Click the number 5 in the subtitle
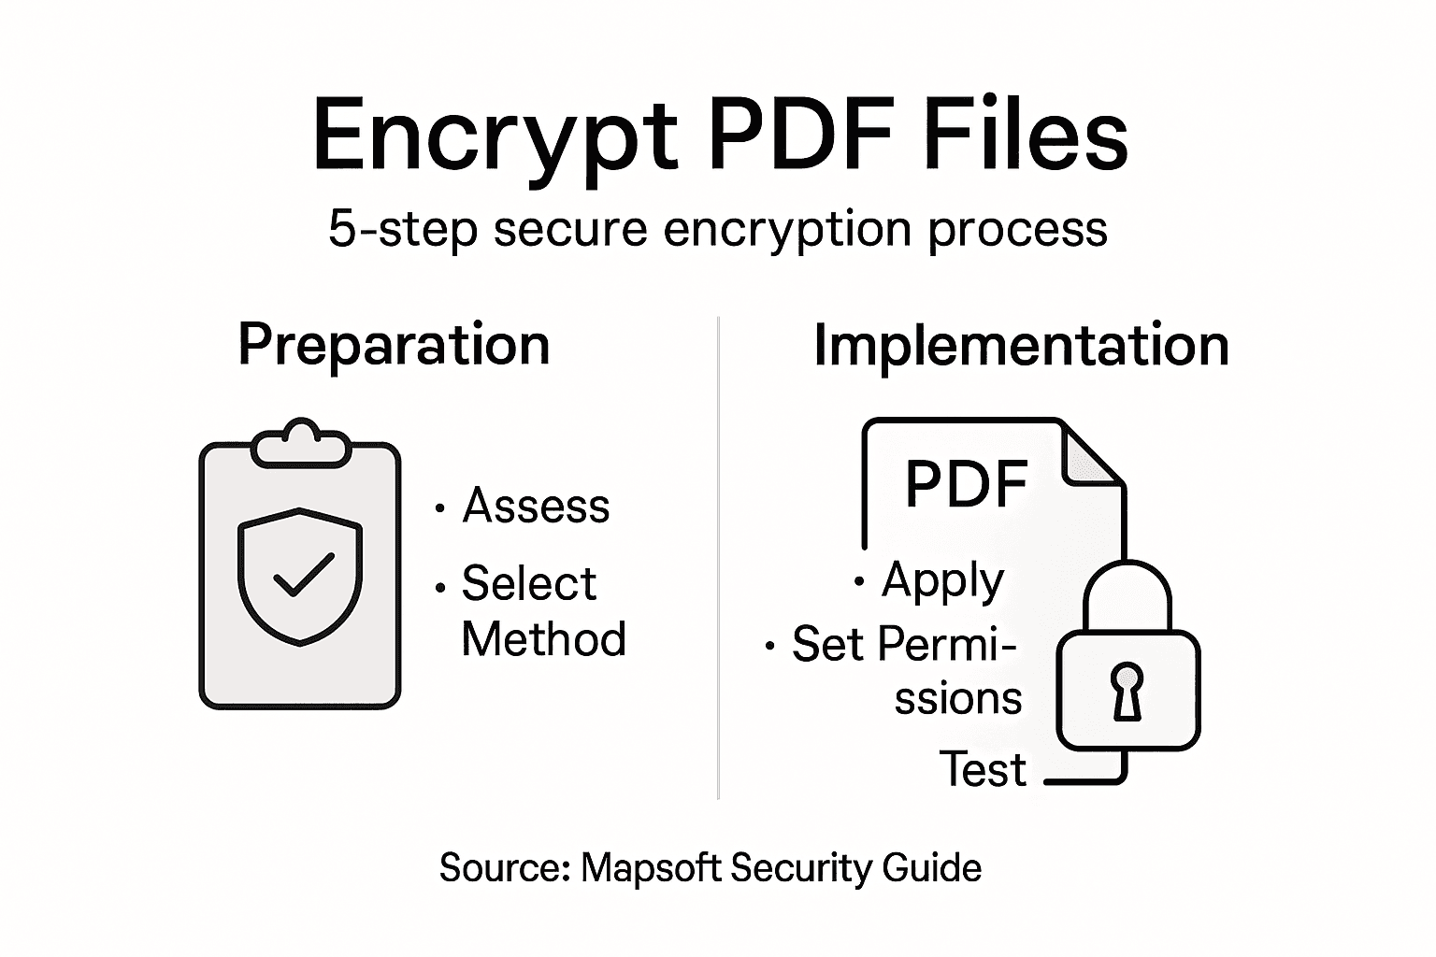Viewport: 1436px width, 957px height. coord(341,229)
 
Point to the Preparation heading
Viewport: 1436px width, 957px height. coord(394,345)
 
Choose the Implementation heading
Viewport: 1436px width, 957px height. coord(1020,345)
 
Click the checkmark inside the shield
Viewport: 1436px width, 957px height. coord(302,574)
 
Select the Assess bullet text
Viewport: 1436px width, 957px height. coord(536,507)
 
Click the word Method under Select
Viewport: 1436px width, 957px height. coord(543,640)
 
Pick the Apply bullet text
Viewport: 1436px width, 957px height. coord(942,581)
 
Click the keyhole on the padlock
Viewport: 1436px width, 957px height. coord(1127,690)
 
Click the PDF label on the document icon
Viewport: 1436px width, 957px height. coord(967,484)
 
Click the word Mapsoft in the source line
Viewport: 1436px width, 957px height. coord(651,868)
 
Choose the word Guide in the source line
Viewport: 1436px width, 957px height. coord(931,868)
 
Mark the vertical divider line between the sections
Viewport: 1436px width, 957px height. coord(718,561)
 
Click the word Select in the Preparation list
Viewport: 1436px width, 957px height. coord(528,584)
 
